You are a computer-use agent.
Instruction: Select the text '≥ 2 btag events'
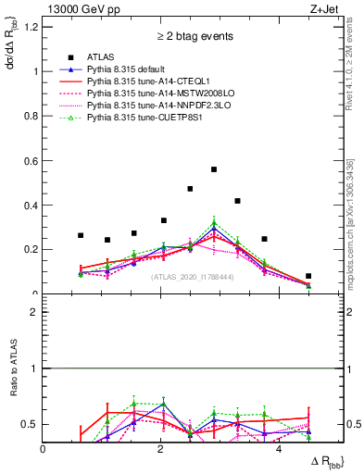pos(182,37)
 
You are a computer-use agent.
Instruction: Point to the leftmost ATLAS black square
pos(81,235)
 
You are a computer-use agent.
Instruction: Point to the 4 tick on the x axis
pos(279,449)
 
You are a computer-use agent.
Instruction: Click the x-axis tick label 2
pos(161,449)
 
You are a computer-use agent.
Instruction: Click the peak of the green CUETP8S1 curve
pos(214,223)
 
